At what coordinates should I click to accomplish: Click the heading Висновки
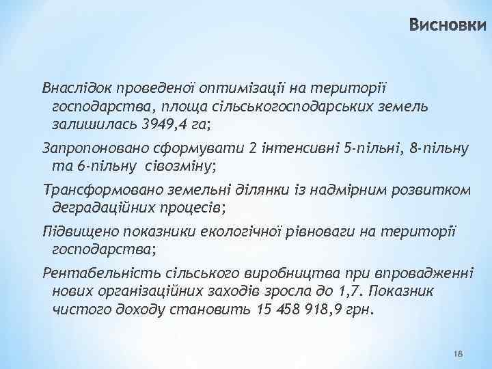click(449, 26)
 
